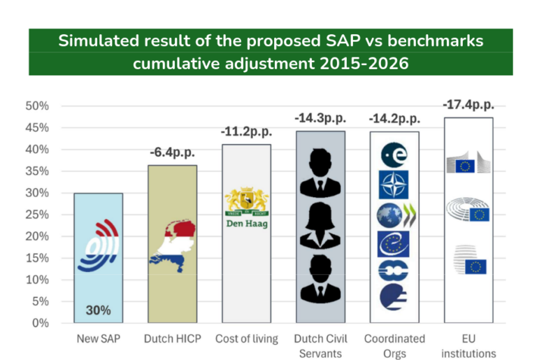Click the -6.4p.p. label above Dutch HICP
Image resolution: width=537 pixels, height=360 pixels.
click(x=172, y=152)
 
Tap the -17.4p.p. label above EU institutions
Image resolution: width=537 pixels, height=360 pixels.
click(x=468, y=104)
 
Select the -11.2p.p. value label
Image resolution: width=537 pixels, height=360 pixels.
click(x=246, y=131)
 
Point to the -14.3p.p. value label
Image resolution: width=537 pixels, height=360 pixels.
click(x=320, y=118)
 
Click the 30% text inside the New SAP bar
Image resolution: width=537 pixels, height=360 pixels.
click(x=98, y=310)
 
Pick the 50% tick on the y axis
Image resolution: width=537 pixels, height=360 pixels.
click(x=37, y=106)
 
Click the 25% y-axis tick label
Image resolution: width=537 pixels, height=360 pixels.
click(x=37, y=215)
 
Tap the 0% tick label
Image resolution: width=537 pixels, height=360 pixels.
click(x=40, y=323)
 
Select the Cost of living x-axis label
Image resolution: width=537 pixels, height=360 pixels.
click(x=246, y=339)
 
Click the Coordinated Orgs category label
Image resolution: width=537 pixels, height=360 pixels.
click(x=394, y=346)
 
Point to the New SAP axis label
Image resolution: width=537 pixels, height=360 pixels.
click(x=98, y=339)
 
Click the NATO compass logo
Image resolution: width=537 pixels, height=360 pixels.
click(x=394, y=185)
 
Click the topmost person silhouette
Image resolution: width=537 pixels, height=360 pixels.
click(x=320, y=173)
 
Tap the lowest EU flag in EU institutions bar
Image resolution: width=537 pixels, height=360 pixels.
click(x=475, y=266)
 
